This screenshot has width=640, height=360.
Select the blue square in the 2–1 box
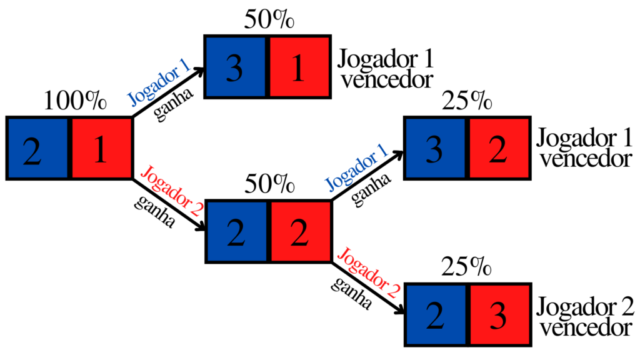pyautogui.click(x=37, y=148)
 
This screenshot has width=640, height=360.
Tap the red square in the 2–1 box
pyautogui.click(x=101, y=148)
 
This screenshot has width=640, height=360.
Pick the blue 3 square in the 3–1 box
pyautogui.click(x=236, y=67)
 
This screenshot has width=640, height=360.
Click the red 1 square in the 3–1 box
pyautogui.click(x=299, y=67)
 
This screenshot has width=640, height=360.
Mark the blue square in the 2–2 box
pyautogui.click(x=236, y=231)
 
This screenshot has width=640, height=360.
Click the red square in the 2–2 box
pyautogui.click(x=299, y=231)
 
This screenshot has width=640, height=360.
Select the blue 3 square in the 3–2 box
pyautogui.click(x=435, y=148)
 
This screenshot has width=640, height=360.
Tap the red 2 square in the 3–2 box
pyautogui.click(x=498, y=148)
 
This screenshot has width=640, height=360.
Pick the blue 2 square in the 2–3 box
pyautogui.click(x=435, y=314)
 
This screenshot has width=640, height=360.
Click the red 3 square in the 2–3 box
pyautogui.click(x=498, y=314)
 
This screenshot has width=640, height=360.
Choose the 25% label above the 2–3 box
pyautogui.click(x=466, y=267)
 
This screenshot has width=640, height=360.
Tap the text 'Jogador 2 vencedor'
pyautogui.click(x=584, y=316)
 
